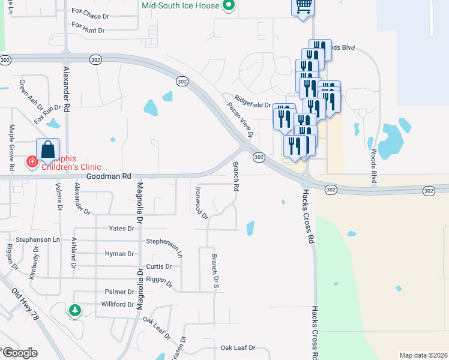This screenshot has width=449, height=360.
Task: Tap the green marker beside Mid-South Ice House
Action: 228,6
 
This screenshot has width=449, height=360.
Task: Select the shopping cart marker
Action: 304,7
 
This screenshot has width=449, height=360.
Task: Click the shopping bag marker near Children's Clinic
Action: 48,151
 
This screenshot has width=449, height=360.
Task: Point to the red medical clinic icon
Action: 31,162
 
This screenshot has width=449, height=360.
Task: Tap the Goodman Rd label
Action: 108,176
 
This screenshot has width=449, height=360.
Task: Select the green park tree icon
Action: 74,310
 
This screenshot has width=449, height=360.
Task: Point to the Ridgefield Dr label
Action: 253,104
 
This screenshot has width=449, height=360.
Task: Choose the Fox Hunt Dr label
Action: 88,27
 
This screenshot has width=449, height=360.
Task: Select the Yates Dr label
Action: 121,229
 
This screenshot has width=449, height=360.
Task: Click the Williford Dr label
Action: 116,304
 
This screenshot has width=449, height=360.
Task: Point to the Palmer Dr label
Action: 119,292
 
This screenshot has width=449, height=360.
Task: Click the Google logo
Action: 19,353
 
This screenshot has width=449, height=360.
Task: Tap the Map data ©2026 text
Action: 423,355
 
